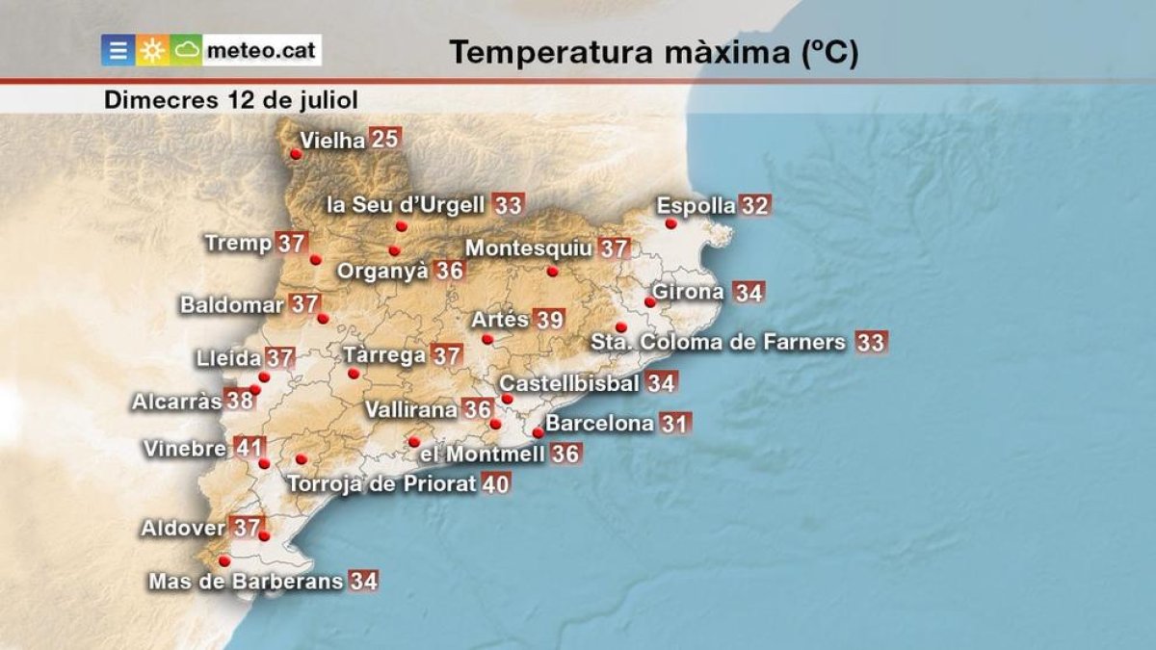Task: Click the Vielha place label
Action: pyautogui.click(x=332, y=141)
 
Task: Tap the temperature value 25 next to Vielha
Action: pyautogui.click(x=384, y=139)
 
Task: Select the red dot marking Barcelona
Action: pyautogui.click(x=539, y=432)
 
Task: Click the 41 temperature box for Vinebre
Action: pyautogui.click(x=250, y=448)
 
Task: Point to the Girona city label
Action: pyautogui.click(x=688, y=292)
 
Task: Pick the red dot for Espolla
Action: pyautogui.click(x=671, y=223)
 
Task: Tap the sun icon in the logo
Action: pyautogui.click(x=152, y=51)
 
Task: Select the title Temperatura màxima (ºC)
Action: pyautogui.click(x=653, y=53)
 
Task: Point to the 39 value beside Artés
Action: pyautogui.click(x=549, y=320)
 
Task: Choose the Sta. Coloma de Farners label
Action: pyautogui.click(x=718, y=342)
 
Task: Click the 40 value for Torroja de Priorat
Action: pyautogui.click(x=495, y=483)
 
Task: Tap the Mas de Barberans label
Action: pyautogui.click(x=246, y=581)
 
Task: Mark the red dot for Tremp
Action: pyautogui.click(x=315, y=259)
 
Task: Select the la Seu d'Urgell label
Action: pyautogui.click(x=406, y=205)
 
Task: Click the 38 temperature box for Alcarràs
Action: pyautogui.click(x=240, y=401)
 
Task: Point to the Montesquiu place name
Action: pyautogui.click(x=529, y=248)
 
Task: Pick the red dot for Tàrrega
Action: pyautogui.click(x=354, y=373)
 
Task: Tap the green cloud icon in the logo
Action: pyautogui.click(x=187, y=50)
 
